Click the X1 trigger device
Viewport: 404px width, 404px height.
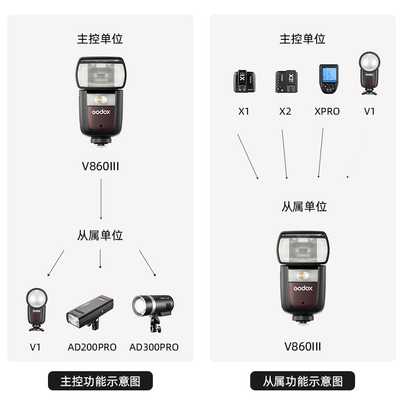(244, 81)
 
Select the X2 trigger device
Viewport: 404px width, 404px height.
(286, 81)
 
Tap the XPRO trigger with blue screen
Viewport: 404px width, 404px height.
(329, 79)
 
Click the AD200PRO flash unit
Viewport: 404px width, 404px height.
(90, 312)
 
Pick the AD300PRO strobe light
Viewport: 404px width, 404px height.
(153, 313)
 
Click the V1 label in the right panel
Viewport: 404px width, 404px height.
(369, 111)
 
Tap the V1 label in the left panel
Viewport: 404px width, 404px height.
(35, 347)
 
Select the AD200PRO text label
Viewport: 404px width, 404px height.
(92, 347)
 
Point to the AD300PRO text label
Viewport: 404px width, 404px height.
(154, 347)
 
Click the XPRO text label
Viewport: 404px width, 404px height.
(327, 111)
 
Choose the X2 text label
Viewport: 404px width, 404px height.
(285, 111)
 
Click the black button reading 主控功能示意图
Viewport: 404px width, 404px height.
(100, 381)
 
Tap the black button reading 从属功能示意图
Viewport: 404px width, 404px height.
(302, 381)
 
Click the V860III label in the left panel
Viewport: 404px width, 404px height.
(100, 166)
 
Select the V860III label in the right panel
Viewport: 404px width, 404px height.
(302, 346)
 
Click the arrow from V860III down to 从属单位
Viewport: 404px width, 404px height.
(101, 199)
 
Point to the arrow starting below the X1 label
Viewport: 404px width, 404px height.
(248, 157)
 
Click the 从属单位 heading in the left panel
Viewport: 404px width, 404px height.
(100, 235)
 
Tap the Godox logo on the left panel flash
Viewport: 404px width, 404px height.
(101, 112)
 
